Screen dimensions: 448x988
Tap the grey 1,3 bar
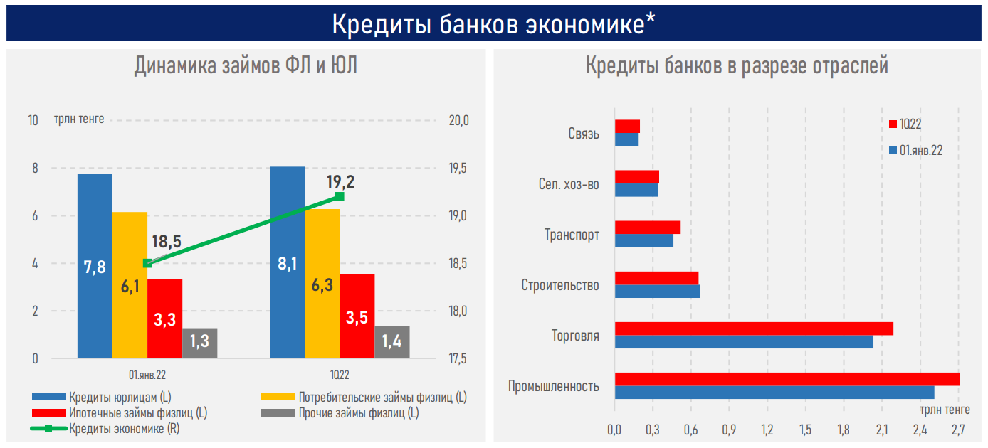[x=200, y=343]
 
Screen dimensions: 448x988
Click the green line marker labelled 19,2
[x=340, y=196]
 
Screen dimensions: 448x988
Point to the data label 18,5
[x=167, y=241]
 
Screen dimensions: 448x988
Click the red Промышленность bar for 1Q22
[x=787, y=379]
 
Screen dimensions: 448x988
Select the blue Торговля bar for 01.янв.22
[x=744, y=342]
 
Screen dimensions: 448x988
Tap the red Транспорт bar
[x=648, y=228]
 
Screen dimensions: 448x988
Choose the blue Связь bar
[x=626, y=140]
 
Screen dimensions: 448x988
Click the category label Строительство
[x=560, y=285]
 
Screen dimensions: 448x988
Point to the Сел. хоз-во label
[x=569, y=185]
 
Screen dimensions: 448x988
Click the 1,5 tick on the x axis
[x=805, y=430]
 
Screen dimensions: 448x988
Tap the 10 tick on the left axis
[x=33, y=120]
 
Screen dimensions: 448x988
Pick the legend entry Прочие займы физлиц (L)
[x=358, y=412]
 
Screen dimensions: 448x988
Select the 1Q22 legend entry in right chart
[x=910, y=124]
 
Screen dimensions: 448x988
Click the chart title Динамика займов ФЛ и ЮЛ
[x=246, y=66]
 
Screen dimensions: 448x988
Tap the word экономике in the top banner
[x=584, y=23]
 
